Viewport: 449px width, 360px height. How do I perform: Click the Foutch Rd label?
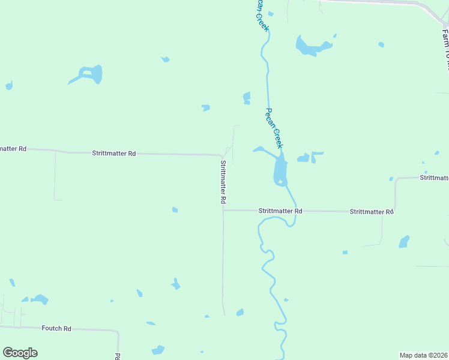point(56,328)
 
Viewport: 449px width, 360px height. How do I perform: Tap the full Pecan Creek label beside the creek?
point(274,128)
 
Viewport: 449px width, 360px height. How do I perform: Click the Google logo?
point(20,352)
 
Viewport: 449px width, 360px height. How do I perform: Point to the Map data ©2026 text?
point(424,355)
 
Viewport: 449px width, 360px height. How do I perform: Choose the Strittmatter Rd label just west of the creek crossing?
point(280,211)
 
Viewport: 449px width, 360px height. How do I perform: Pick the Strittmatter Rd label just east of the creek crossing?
point(371,212)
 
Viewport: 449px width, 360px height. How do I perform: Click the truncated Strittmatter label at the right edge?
point(434,178)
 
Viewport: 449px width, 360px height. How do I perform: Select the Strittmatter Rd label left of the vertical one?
point(113,154)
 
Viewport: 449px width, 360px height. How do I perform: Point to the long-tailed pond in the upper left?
point(91,74)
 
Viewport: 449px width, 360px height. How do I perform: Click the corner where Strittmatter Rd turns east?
point(223,210)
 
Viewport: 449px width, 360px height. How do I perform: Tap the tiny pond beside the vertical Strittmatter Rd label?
point(175,209)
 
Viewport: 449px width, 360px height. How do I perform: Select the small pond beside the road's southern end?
point(240,312)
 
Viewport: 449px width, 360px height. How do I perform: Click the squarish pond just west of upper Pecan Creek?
point(246,98)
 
